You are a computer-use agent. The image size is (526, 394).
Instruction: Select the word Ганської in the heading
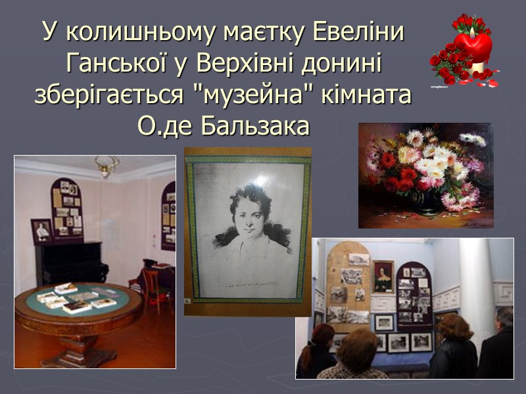(x=110, y=64)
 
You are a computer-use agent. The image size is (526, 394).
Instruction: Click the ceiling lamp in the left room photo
(x=106, y=165)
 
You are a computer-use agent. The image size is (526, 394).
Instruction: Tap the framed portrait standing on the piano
(x=42, y=230)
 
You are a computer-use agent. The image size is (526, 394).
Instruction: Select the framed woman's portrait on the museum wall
(x=383, y=276)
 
